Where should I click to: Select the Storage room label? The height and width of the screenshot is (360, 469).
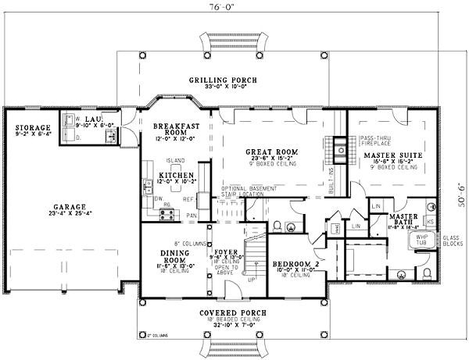click(x=32, y=127)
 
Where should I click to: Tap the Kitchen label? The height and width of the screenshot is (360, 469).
click(x=171, y=176)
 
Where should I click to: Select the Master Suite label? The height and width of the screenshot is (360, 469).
click(x=388, y=156)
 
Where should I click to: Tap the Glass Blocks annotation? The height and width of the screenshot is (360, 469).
click(x=453, y=242)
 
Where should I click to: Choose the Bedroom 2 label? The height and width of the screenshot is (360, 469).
click(x=295, y=264)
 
